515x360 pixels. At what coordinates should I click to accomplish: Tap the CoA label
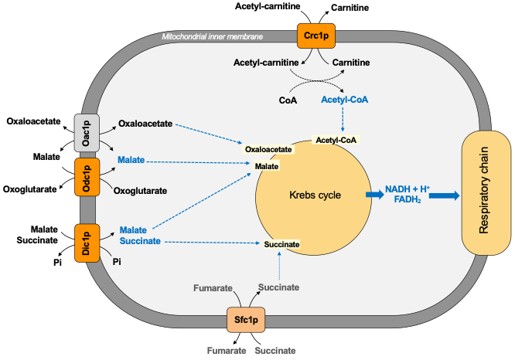[288, 100]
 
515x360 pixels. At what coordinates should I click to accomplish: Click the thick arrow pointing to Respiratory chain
[442, 196]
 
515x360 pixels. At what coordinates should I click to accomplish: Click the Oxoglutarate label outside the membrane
[30, 189]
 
